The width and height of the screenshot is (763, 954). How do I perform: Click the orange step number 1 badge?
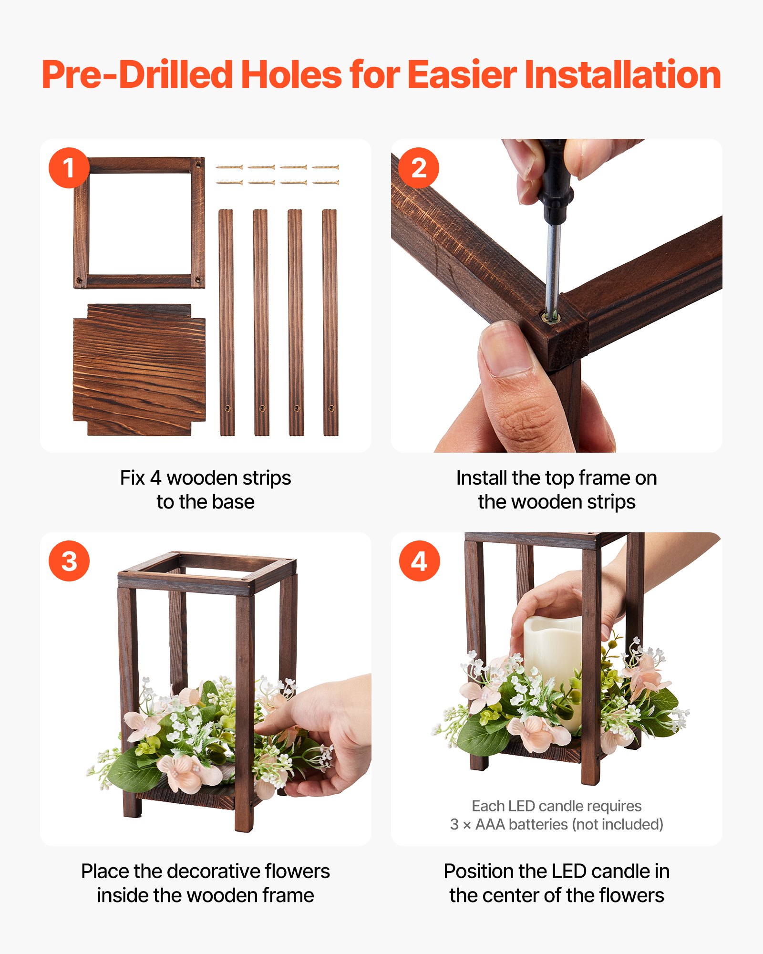[69, 168]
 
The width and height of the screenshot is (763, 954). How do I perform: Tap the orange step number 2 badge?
[419, 168]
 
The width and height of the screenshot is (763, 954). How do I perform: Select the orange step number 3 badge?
[69, 561]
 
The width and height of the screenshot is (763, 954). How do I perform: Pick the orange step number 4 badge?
[419, 561]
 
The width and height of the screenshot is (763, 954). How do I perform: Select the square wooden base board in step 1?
[139, 370]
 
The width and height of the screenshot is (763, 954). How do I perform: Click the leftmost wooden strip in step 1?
[227, 322]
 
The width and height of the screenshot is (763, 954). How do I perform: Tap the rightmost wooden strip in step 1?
[330, 322]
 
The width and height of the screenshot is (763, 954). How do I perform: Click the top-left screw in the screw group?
[229, 167]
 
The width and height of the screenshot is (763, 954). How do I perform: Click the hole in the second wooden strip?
[262, 408]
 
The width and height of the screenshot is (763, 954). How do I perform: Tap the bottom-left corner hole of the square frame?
[80, 280]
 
